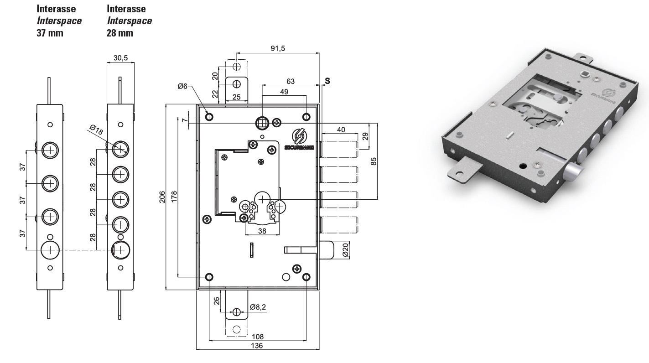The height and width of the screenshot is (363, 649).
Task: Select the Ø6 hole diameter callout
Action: [182, 86]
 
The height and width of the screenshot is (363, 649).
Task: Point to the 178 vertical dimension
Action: [174, 197]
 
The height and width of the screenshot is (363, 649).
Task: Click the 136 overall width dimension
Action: [257, 346]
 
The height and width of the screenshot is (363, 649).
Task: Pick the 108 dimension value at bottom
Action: [257, 337]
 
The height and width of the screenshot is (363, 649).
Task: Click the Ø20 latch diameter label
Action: [345, 250]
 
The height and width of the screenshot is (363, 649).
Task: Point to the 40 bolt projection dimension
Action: [340, 130]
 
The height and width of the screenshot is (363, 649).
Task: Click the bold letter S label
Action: [327, 80]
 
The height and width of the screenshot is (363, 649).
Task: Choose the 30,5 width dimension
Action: [120, 57]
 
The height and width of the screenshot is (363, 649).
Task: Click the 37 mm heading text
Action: [50, 33]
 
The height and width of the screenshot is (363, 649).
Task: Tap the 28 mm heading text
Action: [120, 33]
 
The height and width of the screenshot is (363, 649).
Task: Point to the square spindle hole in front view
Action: [262, 122]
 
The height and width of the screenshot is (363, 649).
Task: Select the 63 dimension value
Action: [290, 81]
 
